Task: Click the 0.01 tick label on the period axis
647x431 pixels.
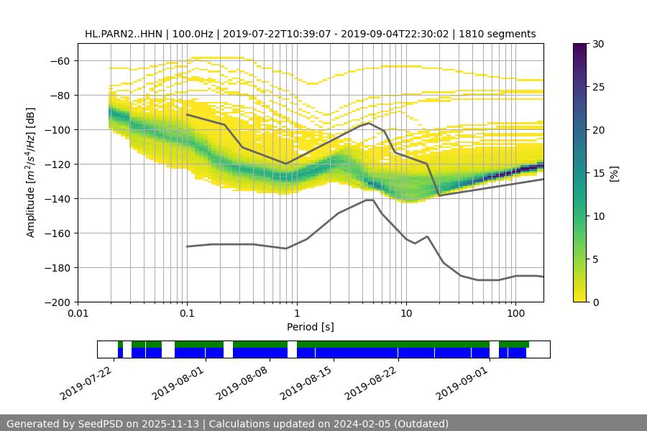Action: pos(78,314)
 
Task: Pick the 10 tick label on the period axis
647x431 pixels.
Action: pos(406,314)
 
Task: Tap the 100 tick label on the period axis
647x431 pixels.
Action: pos(515,314)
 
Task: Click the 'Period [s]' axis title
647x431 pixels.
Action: pos(311,327)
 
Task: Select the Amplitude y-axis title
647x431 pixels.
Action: pos(31,172)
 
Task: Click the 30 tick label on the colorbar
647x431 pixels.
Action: pos(598,44)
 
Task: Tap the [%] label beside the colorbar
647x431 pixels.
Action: pos(615,173)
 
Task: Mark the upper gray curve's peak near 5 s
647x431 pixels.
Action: pos(370,123)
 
